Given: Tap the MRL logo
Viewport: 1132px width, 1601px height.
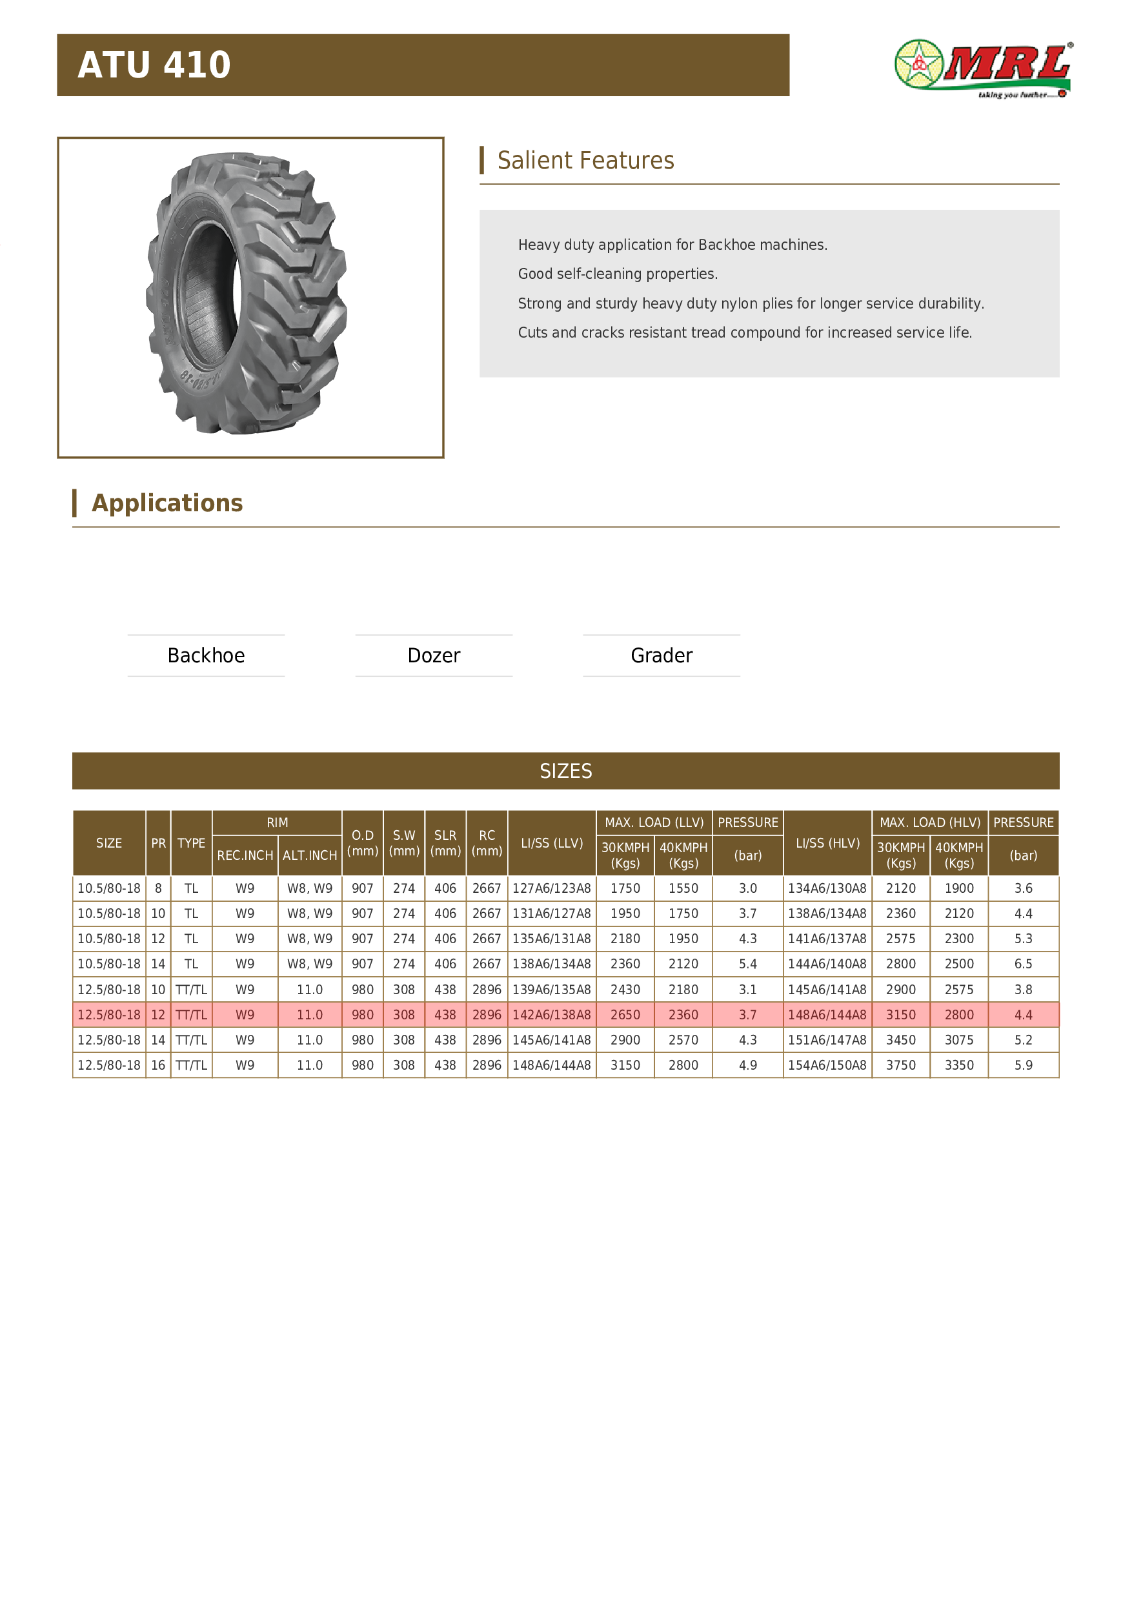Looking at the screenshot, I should (983, 69).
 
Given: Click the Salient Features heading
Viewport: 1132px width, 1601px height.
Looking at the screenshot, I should (585, 160).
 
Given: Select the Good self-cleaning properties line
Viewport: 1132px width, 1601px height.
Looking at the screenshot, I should (618, 274).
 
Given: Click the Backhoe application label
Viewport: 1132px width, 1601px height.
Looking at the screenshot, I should (207, 655).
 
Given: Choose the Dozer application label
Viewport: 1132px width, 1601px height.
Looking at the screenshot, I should (434, 655).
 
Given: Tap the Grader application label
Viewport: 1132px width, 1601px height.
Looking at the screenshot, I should (662, 655).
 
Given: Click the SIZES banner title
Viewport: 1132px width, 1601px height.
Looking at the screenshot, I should (565, 771).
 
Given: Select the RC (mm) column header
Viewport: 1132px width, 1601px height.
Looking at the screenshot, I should (487, 843).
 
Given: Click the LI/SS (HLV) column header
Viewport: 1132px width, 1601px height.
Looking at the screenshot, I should (827, 843).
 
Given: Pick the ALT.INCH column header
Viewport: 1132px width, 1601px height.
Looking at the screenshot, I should (310, 855).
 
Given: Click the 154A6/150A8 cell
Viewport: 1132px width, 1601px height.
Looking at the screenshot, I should (827, 1065).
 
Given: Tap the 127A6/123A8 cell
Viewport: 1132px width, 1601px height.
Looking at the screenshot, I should (551, 888).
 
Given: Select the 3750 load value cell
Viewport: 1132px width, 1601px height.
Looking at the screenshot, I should (900, 1065).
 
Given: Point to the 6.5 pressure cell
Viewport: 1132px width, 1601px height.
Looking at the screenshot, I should (1024, 964).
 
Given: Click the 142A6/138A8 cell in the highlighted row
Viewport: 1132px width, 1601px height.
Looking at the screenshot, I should (551, 1015).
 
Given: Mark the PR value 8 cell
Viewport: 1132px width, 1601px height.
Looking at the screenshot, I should (158, 888).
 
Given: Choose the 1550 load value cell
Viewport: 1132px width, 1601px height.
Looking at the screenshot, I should (683, 888).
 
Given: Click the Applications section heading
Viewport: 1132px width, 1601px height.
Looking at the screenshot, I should (167, 504).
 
